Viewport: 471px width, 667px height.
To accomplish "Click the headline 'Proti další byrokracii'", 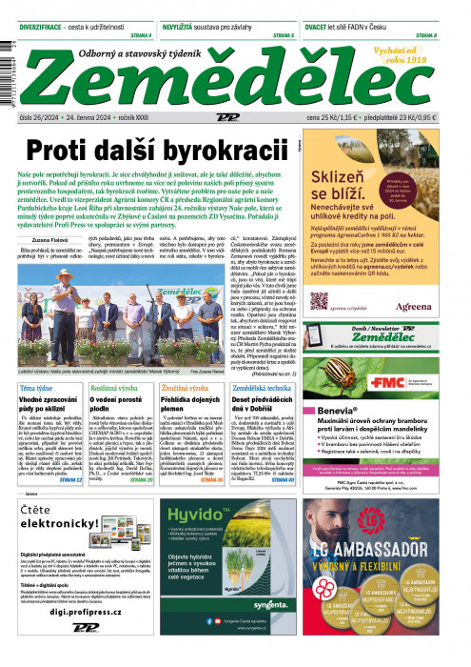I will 157,150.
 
